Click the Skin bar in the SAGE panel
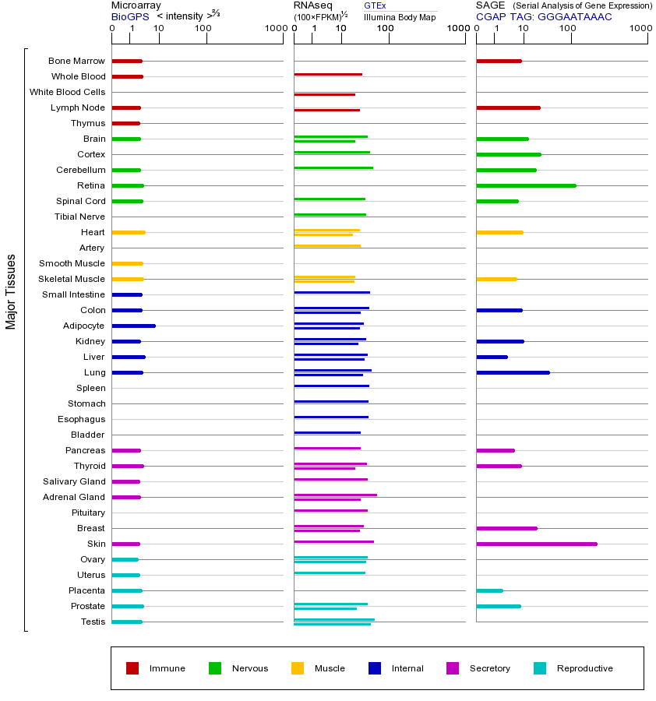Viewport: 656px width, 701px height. [x=537, y=544]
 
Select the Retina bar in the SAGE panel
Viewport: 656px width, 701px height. [x=526, y=185]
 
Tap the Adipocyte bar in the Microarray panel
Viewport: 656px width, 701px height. [x=133, y=326]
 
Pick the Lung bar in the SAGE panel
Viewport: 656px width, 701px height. [x=513, y=372]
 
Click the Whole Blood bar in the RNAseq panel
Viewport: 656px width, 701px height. [x=328, y=74]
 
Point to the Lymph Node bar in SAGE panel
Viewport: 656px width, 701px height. [x=508, y=107]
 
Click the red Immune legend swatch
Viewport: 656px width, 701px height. [x=132, y=668]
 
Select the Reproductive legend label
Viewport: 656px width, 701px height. [x=584, y=668]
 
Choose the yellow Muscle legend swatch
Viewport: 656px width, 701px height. [x=298, y=668]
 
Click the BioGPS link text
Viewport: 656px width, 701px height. [x=130, y=16]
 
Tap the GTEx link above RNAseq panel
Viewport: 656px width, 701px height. [x=375, y=5]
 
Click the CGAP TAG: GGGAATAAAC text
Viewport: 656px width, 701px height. [x=544, y=16]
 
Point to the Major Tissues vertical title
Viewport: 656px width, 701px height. [x=11, y=291]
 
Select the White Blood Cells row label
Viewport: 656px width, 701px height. [x=67, y=92]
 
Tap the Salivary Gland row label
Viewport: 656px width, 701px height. [x=74, y=481]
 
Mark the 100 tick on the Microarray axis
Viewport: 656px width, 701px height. [x=203, y=29]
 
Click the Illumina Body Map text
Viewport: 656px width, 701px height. [x=400, y=17]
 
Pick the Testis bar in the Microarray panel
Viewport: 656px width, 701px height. [x=127, y=622]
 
